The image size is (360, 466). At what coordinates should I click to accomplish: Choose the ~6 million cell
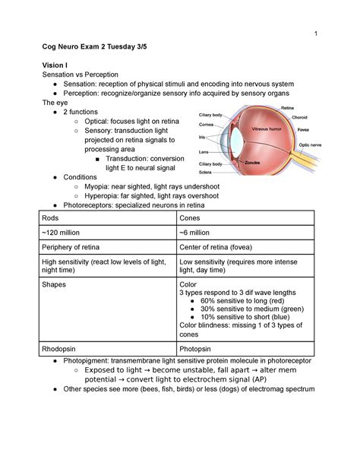(x=197, y=232)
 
